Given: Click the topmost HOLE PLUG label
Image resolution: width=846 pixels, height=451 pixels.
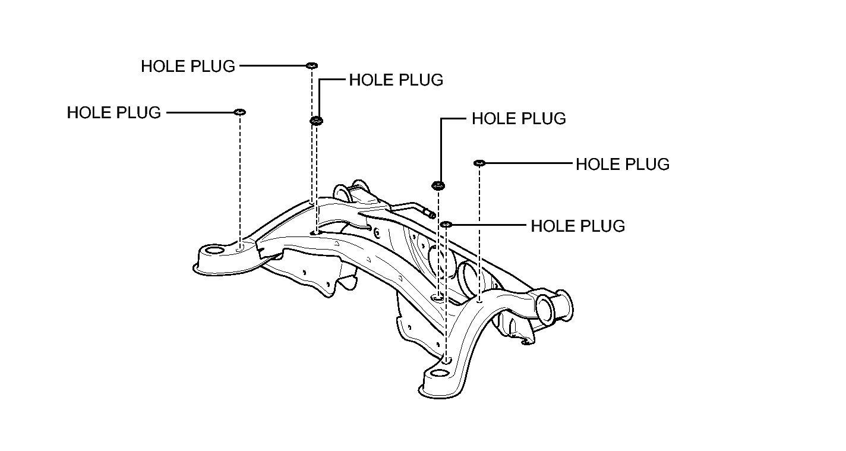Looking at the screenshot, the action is coord(188,66).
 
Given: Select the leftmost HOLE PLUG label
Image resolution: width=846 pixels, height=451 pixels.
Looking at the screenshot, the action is coord(114,112).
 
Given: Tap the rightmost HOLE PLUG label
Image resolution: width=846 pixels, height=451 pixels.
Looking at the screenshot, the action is coord(623,165).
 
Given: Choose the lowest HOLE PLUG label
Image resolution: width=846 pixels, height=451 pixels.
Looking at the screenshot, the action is coord(578,226).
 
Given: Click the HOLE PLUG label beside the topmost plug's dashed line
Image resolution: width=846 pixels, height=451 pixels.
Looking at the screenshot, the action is coord(396,80).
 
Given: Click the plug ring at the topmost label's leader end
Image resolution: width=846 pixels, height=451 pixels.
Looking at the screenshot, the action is coord(311,66).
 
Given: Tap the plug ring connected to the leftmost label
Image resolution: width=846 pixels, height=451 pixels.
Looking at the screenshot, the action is coord(240,112).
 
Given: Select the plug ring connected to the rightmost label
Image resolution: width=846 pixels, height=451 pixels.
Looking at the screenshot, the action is coord(479,163).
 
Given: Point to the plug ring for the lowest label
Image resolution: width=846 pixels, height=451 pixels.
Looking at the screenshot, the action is coord(446,225).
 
